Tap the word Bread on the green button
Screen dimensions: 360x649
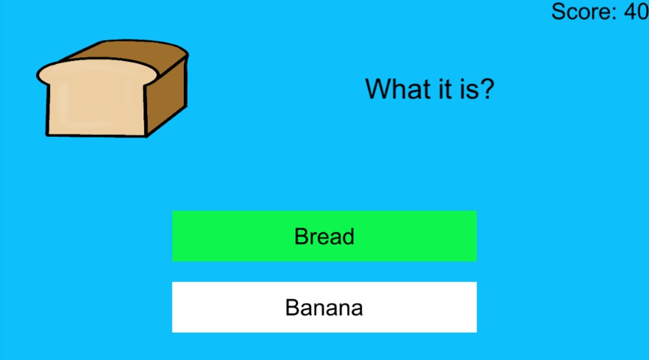[324, 236]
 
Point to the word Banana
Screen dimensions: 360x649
[324, 307]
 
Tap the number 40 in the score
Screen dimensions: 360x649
[636, 11]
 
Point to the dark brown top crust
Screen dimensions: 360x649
[127, 52]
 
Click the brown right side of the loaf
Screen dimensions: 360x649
[167, 95]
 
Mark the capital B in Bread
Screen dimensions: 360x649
[301, 236]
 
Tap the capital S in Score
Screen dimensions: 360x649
[558, 11]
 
